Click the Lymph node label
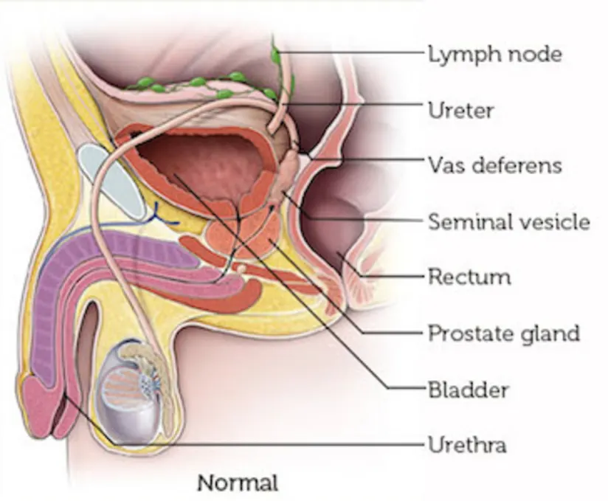494,54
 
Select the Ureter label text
460,111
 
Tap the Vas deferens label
494,165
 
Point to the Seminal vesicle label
508,221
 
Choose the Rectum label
469,277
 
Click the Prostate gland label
503,333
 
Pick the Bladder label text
467,388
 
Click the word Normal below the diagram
238,483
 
